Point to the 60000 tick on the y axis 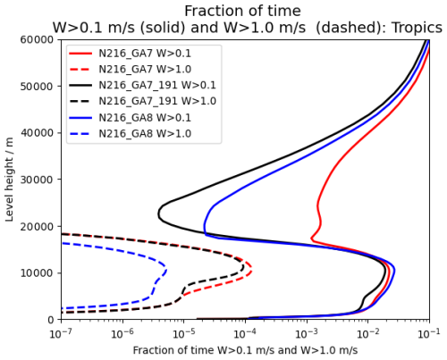[38, 39]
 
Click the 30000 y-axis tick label [38, 180]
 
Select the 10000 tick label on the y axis [38, 272]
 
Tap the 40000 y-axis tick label [38, 133]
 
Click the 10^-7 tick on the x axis [61, 332]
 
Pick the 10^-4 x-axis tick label [245, 332]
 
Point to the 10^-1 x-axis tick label [429, 332]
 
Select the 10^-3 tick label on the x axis [307, 332]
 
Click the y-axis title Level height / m [11, 179]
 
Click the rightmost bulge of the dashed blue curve [165, 267]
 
